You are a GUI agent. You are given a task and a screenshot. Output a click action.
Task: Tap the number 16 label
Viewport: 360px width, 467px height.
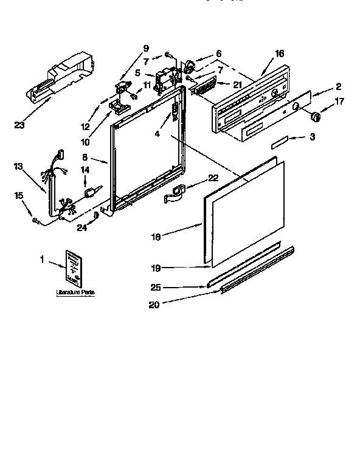[x=279, y=54]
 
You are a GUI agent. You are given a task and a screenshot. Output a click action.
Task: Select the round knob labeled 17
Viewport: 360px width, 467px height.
[x=315, y=117]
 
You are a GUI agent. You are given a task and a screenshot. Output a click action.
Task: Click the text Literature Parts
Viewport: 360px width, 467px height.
[x=75, y=292]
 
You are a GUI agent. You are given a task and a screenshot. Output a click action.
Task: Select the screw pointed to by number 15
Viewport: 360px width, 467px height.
[x=36, y=221]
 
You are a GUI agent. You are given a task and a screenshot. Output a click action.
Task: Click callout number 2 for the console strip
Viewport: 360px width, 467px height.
[x=338, y=87]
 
